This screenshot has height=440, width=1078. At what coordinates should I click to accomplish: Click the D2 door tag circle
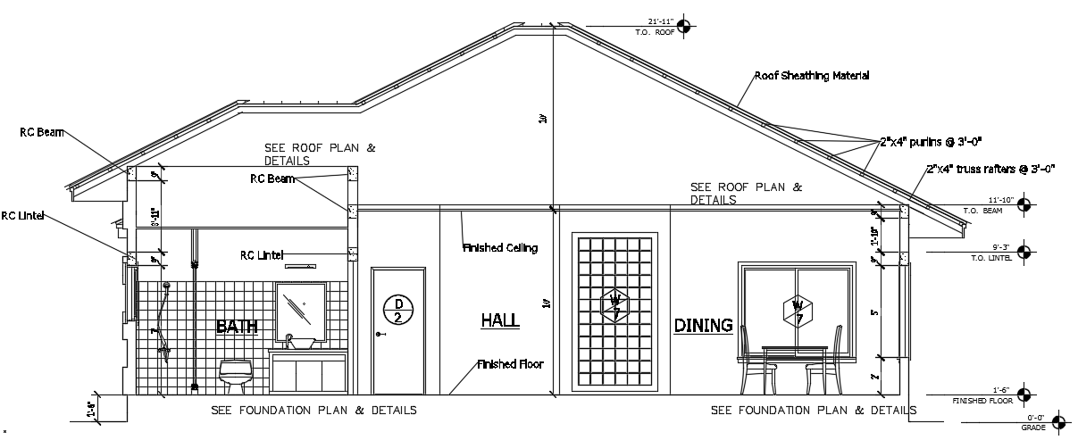coord(398,310)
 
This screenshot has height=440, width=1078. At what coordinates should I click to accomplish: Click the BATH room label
coord(237,327)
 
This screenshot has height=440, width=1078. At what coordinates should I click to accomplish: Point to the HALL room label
coord(500,320)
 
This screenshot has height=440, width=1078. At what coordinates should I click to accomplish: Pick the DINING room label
coord(704,325)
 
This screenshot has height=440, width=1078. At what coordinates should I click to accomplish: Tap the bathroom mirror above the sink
coord(300,307)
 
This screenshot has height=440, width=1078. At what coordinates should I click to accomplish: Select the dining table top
coord(794,349)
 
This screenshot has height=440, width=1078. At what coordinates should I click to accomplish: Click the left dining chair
coord(752,361)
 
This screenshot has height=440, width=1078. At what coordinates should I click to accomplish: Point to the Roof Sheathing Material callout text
coord(812,76)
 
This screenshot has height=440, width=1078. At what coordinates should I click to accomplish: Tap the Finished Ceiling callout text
coord(500,247)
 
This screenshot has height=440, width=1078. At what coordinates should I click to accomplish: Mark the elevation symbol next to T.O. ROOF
coord(683,26)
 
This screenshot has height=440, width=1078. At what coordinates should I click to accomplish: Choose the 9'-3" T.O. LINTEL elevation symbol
coord(1024,252)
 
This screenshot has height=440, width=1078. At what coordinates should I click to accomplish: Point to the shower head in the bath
coord(165,287)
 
